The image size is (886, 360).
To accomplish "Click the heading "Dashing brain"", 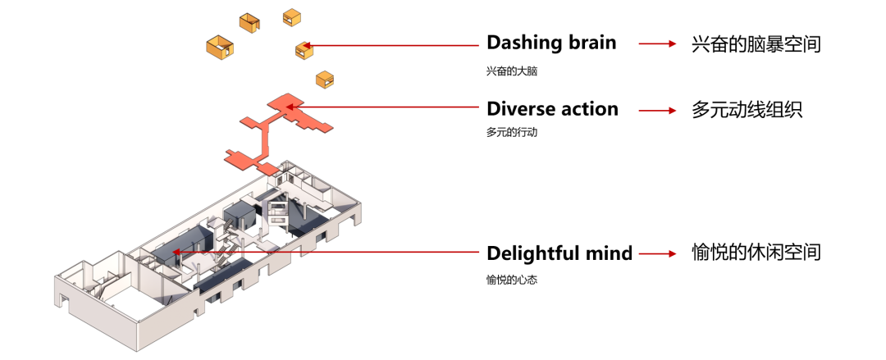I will (x=550, y=43).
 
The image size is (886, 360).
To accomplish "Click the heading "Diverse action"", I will (x=552, y=108).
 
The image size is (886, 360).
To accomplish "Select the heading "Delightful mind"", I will (x=559, y=253).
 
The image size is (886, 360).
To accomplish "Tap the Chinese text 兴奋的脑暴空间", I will (x=756, y=43).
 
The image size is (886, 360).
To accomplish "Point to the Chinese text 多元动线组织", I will (x=747, y=109).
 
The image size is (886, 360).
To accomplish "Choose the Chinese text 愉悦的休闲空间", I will (x=756, y=253).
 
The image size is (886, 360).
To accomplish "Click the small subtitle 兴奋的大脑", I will (x=511, y=71).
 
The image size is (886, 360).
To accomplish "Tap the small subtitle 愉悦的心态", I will (x=511, y=280).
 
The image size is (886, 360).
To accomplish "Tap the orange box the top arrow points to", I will (x=304, y=50).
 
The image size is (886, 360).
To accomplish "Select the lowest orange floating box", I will (x=325, y=80).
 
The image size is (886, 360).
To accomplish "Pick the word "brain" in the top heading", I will (x=588, y=43).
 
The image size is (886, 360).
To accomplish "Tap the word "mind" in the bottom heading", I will (x=610, y=253).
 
